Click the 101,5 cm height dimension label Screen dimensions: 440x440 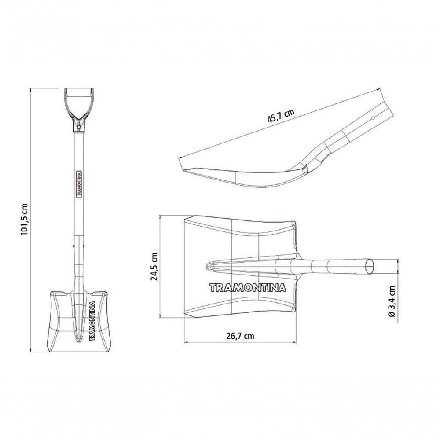point(24,220)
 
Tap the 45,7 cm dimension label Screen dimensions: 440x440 point(281,116)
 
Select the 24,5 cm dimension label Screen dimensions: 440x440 point(154,266)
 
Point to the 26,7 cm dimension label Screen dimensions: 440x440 point(240,336)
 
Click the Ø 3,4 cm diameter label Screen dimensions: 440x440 point(392,302)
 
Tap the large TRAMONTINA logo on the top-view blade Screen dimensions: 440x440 point(248,288)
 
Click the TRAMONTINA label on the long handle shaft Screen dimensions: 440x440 point(79,183)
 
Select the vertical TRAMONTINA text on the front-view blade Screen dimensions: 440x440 point(92,321)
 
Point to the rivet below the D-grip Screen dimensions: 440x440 point(79,128)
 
